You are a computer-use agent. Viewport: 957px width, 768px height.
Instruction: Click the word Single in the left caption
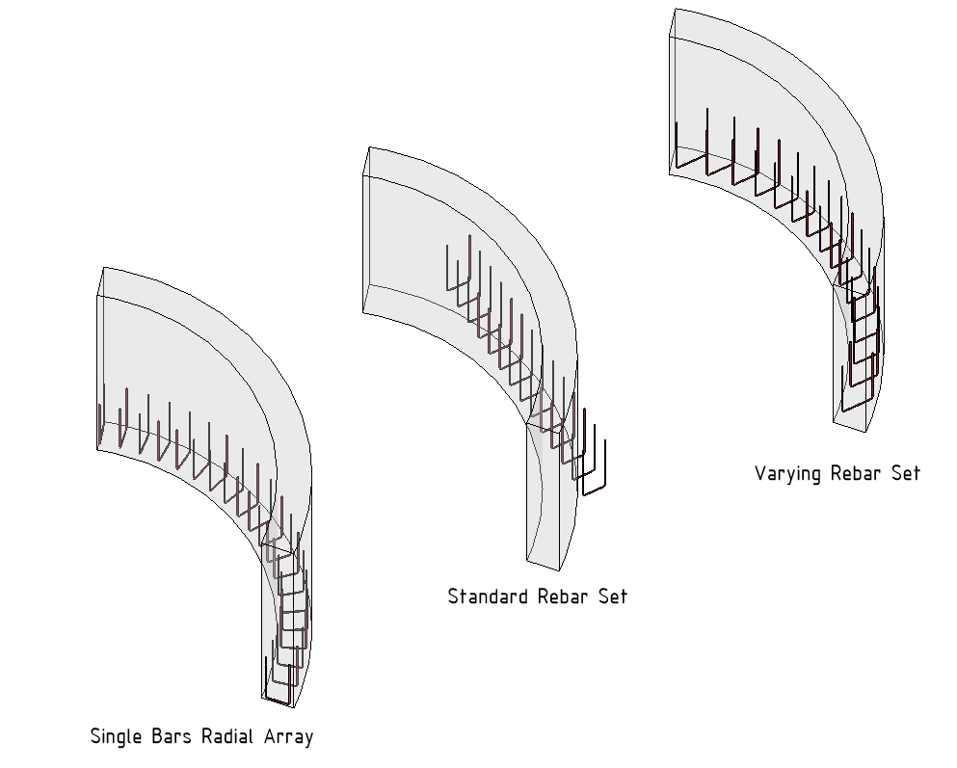116,737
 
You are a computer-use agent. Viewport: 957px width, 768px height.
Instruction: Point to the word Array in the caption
288,738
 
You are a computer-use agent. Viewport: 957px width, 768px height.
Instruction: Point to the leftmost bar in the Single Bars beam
101,424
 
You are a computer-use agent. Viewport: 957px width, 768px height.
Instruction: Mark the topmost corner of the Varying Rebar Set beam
675,10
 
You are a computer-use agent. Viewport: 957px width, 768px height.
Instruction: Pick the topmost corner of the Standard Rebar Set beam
369,147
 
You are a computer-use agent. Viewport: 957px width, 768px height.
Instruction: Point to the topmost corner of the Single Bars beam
103,267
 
